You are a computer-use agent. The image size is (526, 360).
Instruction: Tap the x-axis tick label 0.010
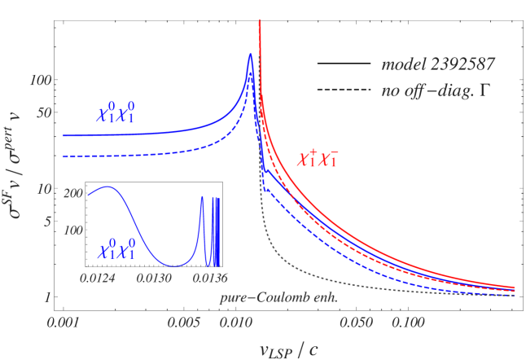(x=236, y=322)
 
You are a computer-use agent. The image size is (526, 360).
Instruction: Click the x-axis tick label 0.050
(x=357, y=322)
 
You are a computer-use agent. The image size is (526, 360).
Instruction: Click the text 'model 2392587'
(x=438, y=64)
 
